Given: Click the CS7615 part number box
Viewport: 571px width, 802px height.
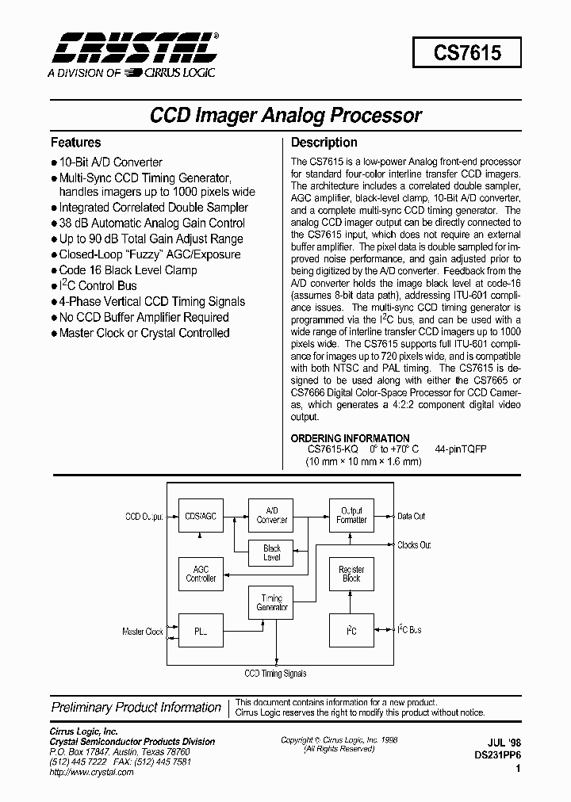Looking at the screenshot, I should tap(467, 52).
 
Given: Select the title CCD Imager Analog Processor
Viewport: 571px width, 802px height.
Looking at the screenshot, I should tap(285, 115).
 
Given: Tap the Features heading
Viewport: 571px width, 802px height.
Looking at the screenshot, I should tap(75, 143).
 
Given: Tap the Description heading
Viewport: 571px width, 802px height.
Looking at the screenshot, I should tap(324, 143).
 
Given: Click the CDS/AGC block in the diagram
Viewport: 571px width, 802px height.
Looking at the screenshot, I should tap(200, 516).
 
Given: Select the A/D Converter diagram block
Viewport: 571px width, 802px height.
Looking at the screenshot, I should tap(272, 515).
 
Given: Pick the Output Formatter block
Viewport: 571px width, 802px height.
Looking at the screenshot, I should tap(351, 515).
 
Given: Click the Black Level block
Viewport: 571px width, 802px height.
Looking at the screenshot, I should tap(272, 552).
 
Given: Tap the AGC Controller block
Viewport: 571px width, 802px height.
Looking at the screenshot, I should tap(201, 574).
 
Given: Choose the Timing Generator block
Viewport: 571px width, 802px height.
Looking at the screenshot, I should tap(272, 602).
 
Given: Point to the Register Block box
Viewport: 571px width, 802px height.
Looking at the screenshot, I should tap(351, 574).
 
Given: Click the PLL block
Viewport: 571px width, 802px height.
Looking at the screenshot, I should tap(200, 632).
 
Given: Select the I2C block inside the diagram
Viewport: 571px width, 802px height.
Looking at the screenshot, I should tap(351, 631).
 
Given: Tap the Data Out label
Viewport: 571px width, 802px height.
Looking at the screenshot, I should tap(411, 516).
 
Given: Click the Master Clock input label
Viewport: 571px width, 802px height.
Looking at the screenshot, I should tap(143, 632).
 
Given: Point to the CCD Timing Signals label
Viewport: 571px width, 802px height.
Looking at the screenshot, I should tap(275, 674).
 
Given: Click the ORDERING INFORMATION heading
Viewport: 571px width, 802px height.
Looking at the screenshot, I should tap(350, 438).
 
